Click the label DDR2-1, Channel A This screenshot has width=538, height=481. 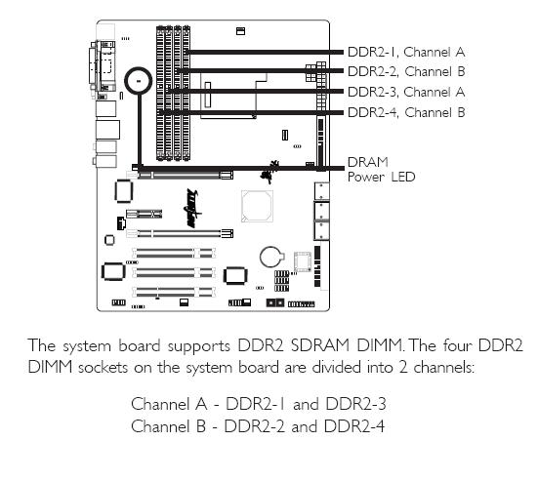point(406,52)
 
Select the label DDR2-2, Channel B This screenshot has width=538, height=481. point(406,71)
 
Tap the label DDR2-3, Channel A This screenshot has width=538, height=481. point(406,92)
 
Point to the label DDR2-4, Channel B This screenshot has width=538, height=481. point(406,112)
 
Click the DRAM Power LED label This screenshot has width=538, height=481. point(381,170)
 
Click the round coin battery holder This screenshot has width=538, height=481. point(272,258)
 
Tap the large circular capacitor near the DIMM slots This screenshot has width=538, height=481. point(139,81)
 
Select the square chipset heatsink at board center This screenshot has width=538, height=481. point(257,206)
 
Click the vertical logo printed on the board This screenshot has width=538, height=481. point(193,208)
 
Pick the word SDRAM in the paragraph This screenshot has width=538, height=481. point(319,345)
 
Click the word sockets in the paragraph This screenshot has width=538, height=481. point(103,368)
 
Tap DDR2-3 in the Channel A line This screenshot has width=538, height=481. point(355,404)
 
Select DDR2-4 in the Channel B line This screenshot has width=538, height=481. point(354,426)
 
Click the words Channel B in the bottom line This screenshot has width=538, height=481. point(168,426)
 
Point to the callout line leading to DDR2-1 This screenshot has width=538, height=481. point(265,52)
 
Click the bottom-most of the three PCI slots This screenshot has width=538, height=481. point(174,292)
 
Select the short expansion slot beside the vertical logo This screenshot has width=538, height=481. point(145,215)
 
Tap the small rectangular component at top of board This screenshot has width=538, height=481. point(241,31)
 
